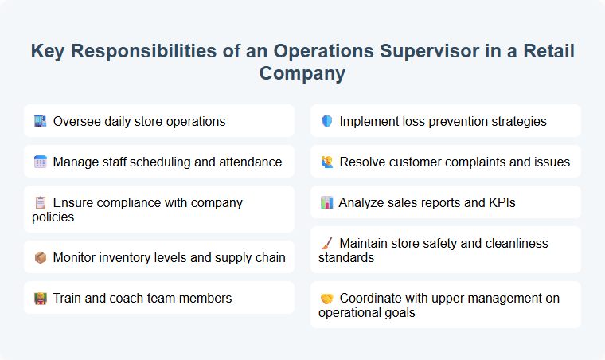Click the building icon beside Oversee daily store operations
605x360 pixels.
(41, 122)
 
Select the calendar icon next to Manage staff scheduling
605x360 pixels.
(41, 162)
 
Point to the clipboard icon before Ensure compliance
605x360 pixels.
(41, 203)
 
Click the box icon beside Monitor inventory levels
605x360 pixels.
(41, 257)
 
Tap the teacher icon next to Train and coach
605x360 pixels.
(41, 299)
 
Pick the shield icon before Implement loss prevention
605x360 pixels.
(326, 122)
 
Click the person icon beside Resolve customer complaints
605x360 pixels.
(326, 162)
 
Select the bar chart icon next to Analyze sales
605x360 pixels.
(326, 203)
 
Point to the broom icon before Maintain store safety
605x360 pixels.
(326, 243)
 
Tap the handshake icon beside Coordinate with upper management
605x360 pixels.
(326, 299)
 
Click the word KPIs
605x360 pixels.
(501, 203)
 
